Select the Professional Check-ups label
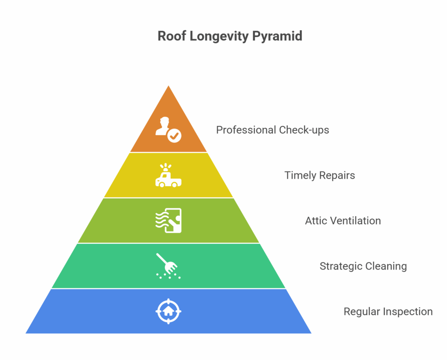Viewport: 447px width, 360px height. tap(272, 130)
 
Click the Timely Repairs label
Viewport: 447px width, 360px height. tap(320, 176)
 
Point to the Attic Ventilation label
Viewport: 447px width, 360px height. tap(343, 221)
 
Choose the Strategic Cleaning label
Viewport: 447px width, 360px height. tap(363, 266)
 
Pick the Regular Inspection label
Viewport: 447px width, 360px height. tap(388, 312)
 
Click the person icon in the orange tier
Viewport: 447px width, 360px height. tap(168, 130)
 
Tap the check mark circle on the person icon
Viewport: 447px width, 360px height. tap(174, 136)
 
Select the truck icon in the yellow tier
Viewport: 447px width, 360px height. tap(168, 176)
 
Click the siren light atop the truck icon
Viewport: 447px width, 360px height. tap(165, 167)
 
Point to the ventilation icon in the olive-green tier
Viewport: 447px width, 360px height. tap(168, 221)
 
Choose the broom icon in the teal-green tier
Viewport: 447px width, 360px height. tap(168, 266)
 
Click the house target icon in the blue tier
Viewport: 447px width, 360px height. tap(168, 311)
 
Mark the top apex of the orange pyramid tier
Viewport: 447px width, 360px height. tap(168, 86)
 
